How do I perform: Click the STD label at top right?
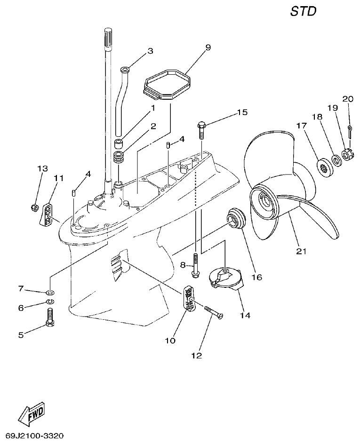coord(303,11)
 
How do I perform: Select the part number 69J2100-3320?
coord(35,436)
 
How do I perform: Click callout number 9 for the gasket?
coord(208,47)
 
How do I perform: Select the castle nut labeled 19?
coord(347,154)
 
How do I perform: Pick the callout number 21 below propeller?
coord(301,251)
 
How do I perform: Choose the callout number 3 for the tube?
coord(150,51)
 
